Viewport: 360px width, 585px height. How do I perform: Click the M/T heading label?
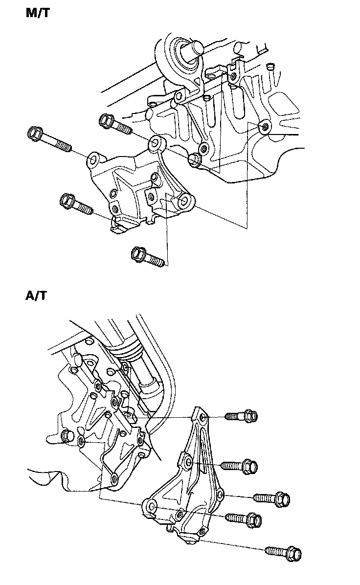[x=38, y=13]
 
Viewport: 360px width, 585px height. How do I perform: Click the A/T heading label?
[x=37, y=295]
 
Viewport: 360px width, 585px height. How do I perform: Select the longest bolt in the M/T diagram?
[x=49, y=139]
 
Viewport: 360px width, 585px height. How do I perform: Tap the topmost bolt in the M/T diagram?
[x=115, y=124]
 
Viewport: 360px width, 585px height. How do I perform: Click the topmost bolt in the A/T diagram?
[x=242, y=415]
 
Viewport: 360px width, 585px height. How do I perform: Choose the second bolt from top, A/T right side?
[x=240, y=466]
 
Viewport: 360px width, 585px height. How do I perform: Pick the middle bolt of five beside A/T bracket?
[x=272, y=498]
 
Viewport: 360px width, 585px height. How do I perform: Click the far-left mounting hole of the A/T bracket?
[x=152, y=506]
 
